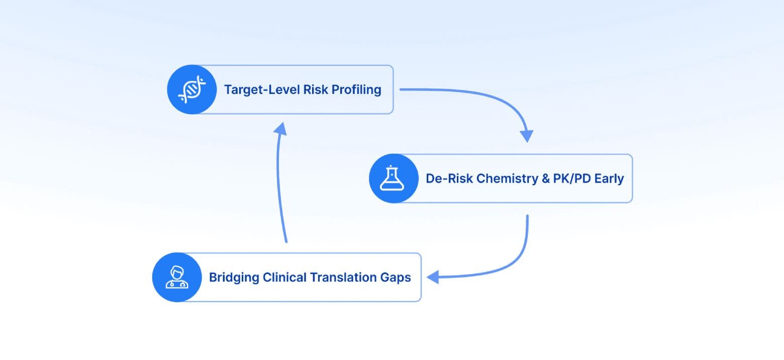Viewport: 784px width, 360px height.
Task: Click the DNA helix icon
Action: [192, 90]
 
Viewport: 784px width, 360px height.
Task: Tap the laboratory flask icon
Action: [394, 178]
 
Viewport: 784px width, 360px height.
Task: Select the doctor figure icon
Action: [177, 278]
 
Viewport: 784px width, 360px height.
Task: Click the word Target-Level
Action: [261, 90]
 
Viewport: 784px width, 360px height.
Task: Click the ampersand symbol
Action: [546, 178]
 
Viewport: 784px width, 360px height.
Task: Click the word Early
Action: [609, 178]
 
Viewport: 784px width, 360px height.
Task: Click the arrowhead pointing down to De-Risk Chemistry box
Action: [526, 136]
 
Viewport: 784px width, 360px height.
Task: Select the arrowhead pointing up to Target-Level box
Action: [280, 129]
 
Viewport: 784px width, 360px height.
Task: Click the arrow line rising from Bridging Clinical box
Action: [279, 191]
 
